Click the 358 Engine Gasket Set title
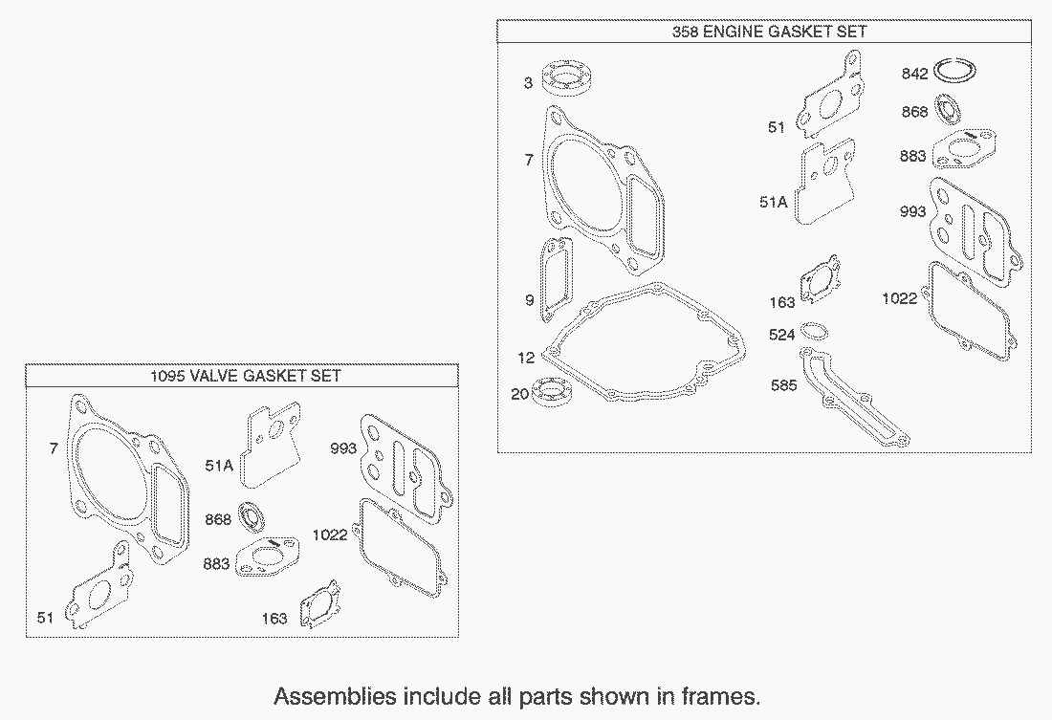coord(769,32)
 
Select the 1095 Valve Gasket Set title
coord(245,375)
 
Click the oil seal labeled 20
coord(552,393)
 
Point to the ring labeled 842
coord(955,71)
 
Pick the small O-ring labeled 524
coord(815,331)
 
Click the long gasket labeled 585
coord(855,397)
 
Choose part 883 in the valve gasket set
coord(268,556)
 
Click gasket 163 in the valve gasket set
coord(320,604)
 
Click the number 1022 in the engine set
coord(899,298)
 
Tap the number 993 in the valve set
coord(343,447)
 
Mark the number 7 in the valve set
coord(54,447)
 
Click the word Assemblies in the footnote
coord(335,696)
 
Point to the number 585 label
coord(783,384)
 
